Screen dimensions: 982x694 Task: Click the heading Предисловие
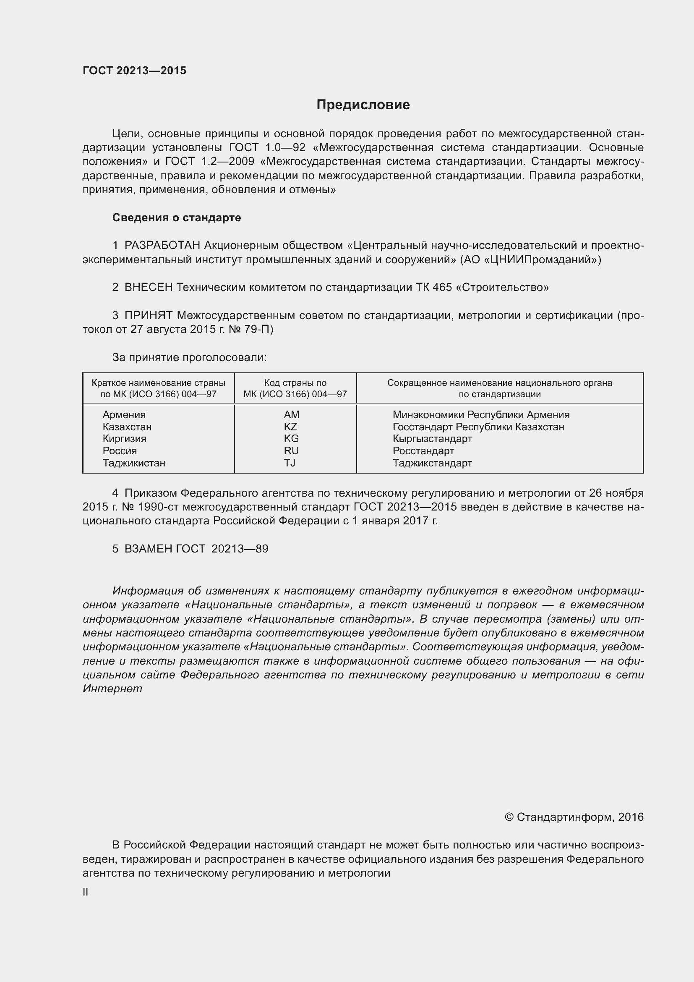coord(363,105)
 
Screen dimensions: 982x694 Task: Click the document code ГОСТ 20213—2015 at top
coord(134,71)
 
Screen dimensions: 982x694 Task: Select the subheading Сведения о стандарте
coord(177,218)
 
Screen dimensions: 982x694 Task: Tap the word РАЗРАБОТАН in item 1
coord(162,246)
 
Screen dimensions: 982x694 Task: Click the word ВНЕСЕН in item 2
coord(149,288)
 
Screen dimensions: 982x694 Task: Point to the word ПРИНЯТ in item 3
coord(148,316)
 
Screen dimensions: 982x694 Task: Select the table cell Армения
coord(124,414)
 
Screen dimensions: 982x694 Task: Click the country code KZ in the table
coord(291,427)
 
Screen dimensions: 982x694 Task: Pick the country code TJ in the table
coord(290,463)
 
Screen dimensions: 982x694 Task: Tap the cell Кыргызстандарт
coord(432,438)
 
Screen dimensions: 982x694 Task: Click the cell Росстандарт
coord(423,451)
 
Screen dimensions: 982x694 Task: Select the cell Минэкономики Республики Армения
coord(481,414)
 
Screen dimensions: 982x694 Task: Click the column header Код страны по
coord(295,383)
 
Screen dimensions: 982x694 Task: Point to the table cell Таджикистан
coord(134,463)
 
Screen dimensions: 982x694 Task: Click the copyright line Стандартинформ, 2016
coord(574,817)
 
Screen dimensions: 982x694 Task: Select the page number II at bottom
coord(86,892)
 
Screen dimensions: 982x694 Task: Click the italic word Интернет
coord(112,689)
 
